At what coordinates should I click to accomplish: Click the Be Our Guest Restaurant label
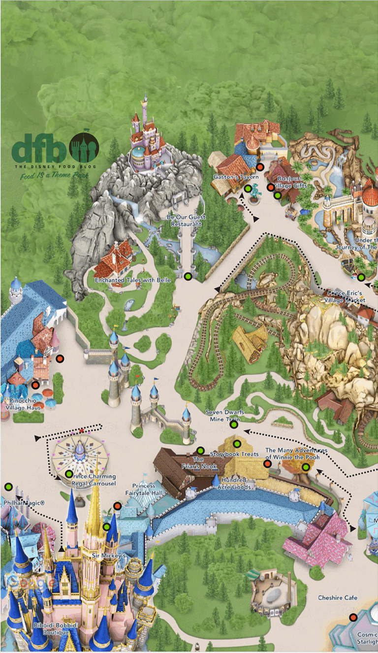tap(186, 220)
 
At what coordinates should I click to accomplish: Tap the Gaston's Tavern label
tap(229, 177)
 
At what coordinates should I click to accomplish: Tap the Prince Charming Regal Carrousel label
tap(94, 480)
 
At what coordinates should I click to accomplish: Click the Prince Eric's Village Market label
tap(345, 297)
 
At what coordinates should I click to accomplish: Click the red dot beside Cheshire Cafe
tap(353, 617)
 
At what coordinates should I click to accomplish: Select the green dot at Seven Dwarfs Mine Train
tap(234, 424)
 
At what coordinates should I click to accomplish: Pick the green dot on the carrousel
tap(69, 474)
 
